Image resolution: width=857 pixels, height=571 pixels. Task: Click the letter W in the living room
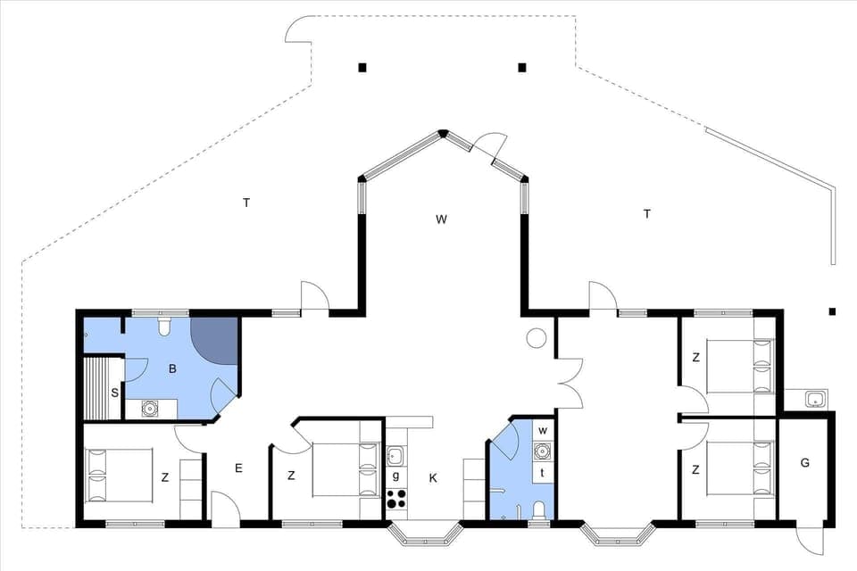click(x=441, y=219)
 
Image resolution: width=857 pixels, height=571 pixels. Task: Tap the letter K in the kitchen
click(x=433, y=479)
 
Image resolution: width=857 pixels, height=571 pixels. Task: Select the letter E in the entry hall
click(x=238, y=468)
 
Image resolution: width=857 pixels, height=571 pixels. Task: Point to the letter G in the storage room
click(x=804, y=462)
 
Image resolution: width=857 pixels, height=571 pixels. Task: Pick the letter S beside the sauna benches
click(x=115, y=392)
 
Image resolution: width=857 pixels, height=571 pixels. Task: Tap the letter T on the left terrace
click(x=246, y=203)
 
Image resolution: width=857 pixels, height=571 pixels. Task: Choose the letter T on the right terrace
click(x=646, y=213)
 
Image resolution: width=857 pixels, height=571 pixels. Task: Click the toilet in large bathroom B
click(x=163, y=327)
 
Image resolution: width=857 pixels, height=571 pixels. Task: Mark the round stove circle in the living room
click(x=537, y=338)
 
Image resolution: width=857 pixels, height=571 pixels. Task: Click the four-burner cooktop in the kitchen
click(x=396, y=500)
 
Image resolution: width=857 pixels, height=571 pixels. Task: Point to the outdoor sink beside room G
click(x=814, y=399)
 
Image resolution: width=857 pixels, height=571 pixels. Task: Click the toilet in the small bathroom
click(x=538, y=509)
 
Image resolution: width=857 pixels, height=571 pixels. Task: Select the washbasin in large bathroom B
click(x=150, y=409)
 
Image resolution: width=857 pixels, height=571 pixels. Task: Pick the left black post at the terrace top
click(x=362, y=67)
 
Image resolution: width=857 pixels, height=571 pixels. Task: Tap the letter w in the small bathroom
click(x=542, y=431)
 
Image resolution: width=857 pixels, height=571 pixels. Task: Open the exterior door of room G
click(x=811, y=537)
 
